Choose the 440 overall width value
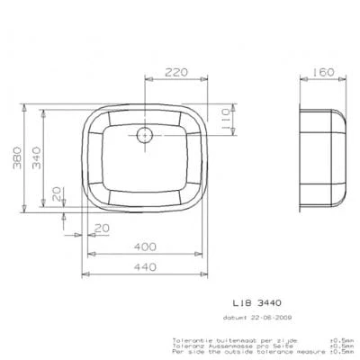coord(148,266)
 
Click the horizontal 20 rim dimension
coord(101,226)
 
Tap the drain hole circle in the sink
coord(145,137)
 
